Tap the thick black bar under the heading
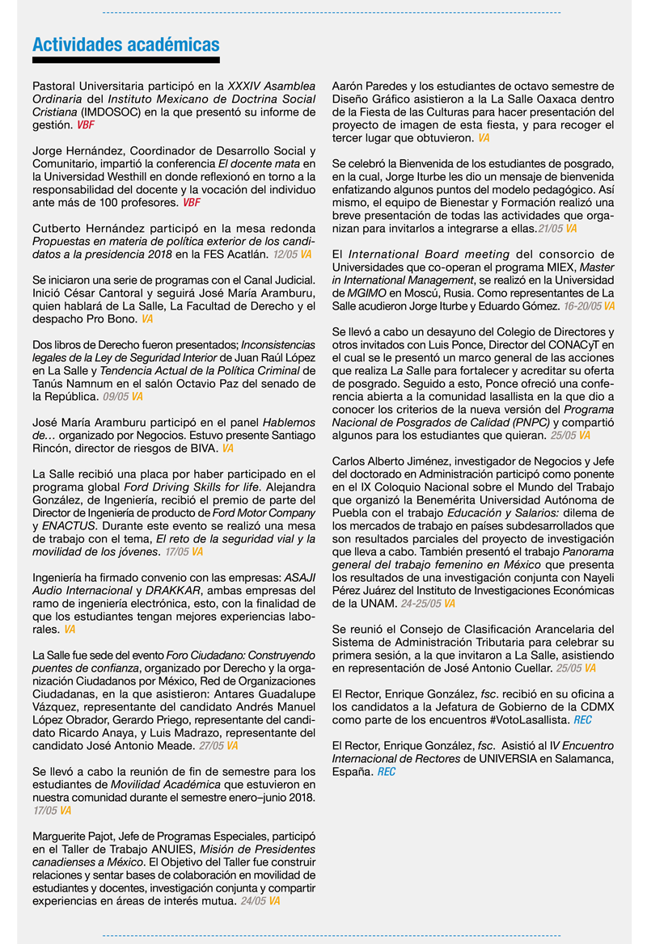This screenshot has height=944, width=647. point(125,61)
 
